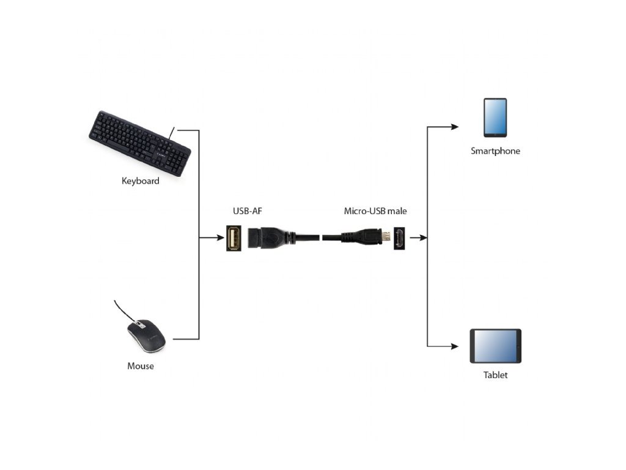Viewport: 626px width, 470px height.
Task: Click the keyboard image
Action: pyautogui.click(x=139, y=143)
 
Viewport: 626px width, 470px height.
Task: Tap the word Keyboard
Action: pyautogui.click(x=141, y=181)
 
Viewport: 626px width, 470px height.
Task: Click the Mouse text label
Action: pyautogui.click(x=141, y=366)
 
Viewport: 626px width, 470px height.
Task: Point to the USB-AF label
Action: pyautogui.click(x=247, y=211)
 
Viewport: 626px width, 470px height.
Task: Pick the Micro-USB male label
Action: pyautogui.click(x=375, y=211)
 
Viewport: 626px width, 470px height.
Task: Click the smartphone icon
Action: pyautogui.click(x=495, y=117)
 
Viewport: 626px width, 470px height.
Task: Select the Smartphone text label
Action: pyautogui.click(x=495, y=151)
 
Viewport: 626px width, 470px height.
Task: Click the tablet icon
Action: pyautogui.click(x=495, y=346)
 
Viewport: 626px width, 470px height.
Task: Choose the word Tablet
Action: pyautogui.click(x=495, y=375)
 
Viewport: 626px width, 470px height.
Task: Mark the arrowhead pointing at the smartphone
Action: pyautogui.click(x=454, y=127)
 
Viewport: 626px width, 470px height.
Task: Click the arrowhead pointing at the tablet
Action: pyautogui.click(x=454, y=346)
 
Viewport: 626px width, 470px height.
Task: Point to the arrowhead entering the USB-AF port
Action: pyautogui.click(x=220, y=237)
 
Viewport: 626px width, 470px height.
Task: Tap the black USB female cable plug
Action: pyautogui.click(x=269, y=237)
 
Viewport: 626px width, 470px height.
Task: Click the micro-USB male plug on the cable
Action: pyautogui.click(x=367, y=237)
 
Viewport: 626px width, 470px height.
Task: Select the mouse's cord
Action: pyautogui.click(x=122, y=310)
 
